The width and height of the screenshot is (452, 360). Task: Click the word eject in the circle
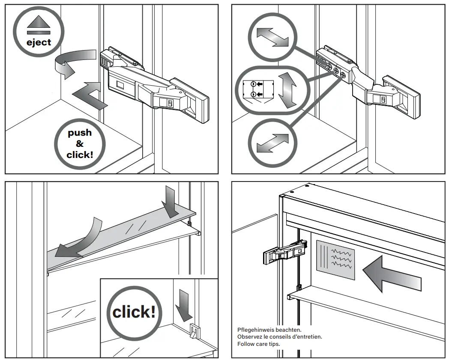39,42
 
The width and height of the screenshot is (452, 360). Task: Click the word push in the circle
80,132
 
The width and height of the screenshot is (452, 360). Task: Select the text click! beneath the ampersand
80,155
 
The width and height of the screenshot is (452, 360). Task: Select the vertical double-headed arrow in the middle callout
287,89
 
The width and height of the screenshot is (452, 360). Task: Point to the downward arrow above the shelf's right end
171,201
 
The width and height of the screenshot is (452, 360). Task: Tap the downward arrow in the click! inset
184,304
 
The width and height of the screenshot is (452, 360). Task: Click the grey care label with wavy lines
336,259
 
